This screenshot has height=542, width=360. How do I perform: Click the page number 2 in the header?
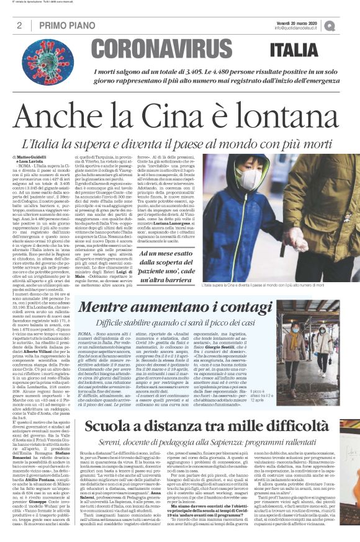[x=20, y=25]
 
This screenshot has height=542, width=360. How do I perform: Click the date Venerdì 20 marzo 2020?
[x=297, y=22]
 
